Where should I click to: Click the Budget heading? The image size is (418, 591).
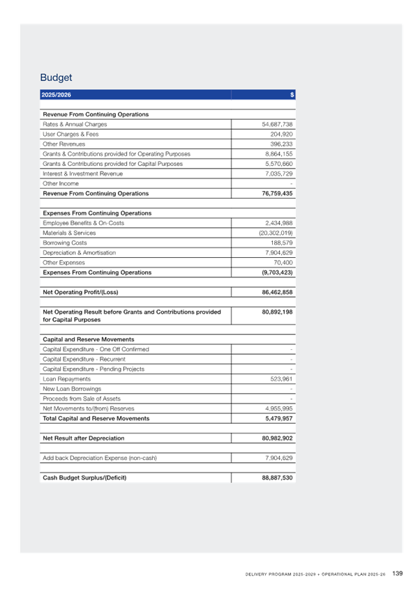(56, 77)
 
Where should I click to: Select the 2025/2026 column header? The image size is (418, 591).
(57, 95)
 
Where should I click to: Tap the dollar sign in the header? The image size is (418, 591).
(292, 95)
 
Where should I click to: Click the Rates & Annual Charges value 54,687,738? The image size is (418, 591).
(277, 124)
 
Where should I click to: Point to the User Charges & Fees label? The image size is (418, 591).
(70, 135)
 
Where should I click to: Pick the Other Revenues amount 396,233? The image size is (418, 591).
(281, 144)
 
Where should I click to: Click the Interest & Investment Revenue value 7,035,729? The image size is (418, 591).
(279, 174)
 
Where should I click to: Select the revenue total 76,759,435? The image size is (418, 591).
(277, 193)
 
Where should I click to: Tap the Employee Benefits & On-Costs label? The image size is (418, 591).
(83, 223)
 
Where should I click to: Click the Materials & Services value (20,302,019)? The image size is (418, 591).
(276, 233)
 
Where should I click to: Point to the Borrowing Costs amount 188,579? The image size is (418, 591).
(281, 243)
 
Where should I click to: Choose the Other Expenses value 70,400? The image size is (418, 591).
(283, 263)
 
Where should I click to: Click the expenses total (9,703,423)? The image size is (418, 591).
(277, 273)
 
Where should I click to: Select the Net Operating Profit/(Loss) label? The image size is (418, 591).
(80, 292)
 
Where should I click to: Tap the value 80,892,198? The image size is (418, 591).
(277, 312)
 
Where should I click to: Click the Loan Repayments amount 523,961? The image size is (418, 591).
(281, 379)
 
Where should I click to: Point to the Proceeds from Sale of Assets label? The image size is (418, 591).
(82, 399)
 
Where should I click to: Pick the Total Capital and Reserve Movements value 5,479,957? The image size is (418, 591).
(279, 418)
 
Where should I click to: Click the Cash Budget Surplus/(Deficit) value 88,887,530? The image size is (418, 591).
(277, 477)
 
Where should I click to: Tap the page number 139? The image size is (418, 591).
(398, 574)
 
